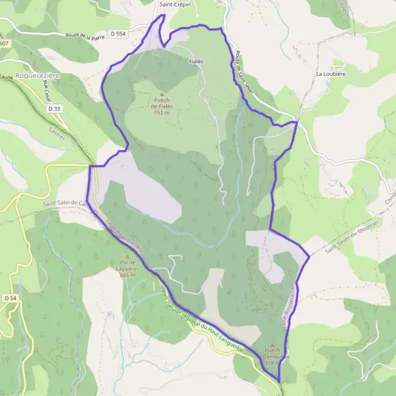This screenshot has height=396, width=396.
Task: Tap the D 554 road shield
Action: tap(118, 34)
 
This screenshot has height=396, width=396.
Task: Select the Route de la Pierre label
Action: tap(81, 39)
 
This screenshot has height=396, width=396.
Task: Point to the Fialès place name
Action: tap(196, 61)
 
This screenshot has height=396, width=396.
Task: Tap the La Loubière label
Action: tap(331, 74)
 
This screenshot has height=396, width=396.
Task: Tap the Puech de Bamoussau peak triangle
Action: tap(272, 344)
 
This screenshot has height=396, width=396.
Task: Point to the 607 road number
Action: tap(5, 44)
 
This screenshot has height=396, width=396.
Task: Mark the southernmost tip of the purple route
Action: tap(280, 382)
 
